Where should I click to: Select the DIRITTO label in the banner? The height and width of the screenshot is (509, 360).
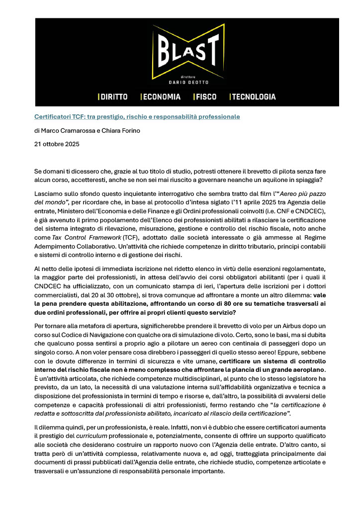point(114,97)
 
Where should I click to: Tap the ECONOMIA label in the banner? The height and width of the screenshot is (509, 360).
point(162,97)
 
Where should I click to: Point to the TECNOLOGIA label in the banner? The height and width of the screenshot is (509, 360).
point(254,97)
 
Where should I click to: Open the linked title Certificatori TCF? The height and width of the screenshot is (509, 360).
point(137,117)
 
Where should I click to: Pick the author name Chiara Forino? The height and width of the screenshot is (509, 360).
point(122,131)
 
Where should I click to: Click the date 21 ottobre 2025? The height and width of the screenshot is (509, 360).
point(56,145)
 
